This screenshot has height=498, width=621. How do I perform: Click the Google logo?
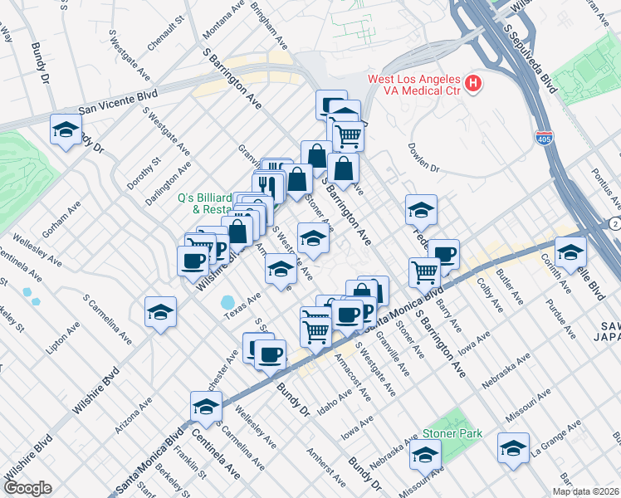point(27,488)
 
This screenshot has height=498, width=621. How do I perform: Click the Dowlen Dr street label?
point(423,157)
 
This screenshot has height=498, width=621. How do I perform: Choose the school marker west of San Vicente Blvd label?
point(66,129)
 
